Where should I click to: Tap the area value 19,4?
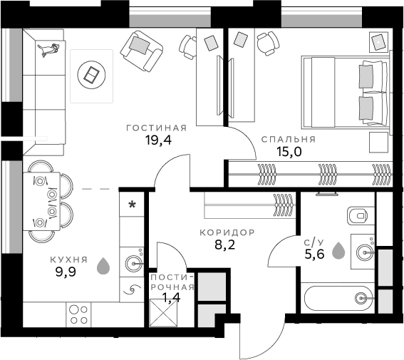[x=158, y=140]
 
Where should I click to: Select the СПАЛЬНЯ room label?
[x=288, y=139]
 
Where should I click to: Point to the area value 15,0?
[x=289, y=151]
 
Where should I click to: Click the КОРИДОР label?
[x=227, y=233]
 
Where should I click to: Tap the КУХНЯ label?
[x=69, y=260]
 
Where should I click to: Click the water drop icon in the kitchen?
[x=104, y=266]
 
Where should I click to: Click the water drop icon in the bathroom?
[x=338, y=250]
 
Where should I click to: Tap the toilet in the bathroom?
[x=357, y=214]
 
